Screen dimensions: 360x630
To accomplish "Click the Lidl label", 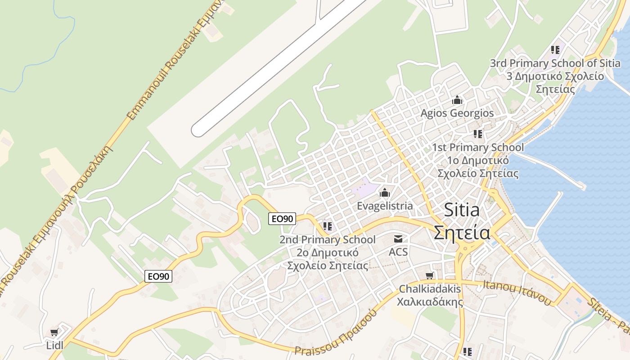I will pyautogui.click(x=54, y=345).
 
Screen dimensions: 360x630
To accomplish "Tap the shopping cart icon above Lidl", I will pyautogui.click(x=54, y=333).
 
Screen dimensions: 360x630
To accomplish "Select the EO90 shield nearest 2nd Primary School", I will pyautogui.click(x=282, y=219).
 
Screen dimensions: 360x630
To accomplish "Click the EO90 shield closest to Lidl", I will pyautogui.click(x=158, y=276).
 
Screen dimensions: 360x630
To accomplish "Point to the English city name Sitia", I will pyautogui.click(x=461, y=210).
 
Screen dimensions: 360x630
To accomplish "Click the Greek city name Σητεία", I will pyautogui.click(x=462, y=232).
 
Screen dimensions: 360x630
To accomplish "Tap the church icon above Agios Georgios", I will pyautogui.click(x=457, y=99).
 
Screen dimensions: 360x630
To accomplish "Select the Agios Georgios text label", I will pyautogui.click(x=457, y=113).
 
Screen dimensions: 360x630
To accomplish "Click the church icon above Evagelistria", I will pyautogui.click(x=385, y=193).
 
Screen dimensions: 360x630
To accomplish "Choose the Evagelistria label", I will pyautogui.click(x=384, y=206).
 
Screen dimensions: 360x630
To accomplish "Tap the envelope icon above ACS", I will pyautogui.click(x=398, y=239).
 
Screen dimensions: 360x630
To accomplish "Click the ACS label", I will pyautogui.click(x=398, y=252).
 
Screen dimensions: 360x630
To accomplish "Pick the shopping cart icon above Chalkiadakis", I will pyautogui.click(x=430, y=275).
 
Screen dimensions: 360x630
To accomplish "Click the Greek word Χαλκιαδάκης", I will pyautogui.click(x=430, y=301).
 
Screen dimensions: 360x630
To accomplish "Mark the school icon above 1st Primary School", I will pyautogui.click(x=478, y=134).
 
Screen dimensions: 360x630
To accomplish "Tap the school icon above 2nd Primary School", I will pyautogui.click(x=327, y=226).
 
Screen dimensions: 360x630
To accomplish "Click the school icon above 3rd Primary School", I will pyautogui.click(x=555, y=49).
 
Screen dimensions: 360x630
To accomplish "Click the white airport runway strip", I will pyautogui.click(x=279, y=67).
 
